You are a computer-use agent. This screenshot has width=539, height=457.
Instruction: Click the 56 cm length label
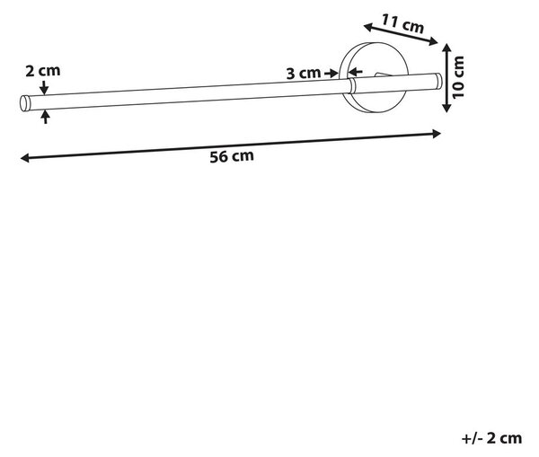click(x=232, y=156)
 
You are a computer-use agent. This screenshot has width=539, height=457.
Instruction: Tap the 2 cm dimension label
click(x=43, y=71)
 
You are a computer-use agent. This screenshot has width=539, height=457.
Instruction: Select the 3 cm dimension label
click(x=304, y=74)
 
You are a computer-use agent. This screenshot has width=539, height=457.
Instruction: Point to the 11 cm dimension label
click(x=402, y=23)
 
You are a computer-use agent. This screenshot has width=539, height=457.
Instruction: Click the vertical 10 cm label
click(x=458, y=77)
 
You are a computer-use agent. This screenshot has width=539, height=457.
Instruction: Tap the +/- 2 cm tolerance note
click(x=491, y=438)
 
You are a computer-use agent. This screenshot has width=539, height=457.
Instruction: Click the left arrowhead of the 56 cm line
click(x=24, y=158)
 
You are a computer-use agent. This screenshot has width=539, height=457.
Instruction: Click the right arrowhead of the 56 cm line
click(x=437, y=134)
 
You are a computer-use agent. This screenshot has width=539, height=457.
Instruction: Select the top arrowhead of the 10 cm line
click(x=446, y=48)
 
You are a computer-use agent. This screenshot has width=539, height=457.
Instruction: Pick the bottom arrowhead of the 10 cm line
click(x=446, y=108)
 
